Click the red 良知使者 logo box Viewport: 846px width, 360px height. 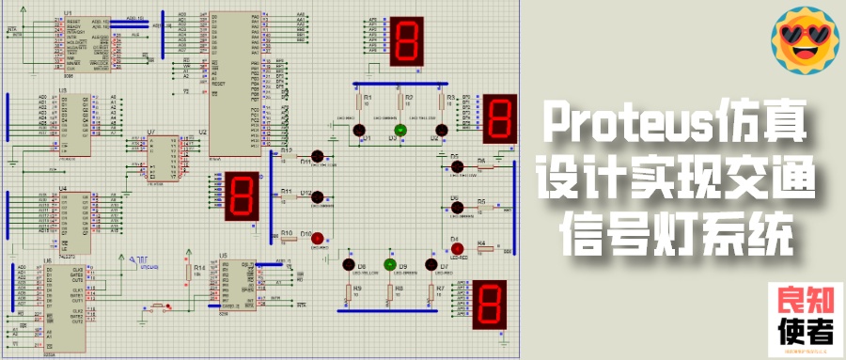pos(807,319)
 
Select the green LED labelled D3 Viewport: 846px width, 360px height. pos(399,130)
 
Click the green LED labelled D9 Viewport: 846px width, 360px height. pos(390,265)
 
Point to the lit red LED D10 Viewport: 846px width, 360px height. pos(317,237)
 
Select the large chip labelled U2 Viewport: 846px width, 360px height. pos(228,83)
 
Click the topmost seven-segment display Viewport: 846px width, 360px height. pos(407,42)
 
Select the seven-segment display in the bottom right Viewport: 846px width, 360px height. pos(492,305)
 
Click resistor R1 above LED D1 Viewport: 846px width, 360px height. pos(356,102)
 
